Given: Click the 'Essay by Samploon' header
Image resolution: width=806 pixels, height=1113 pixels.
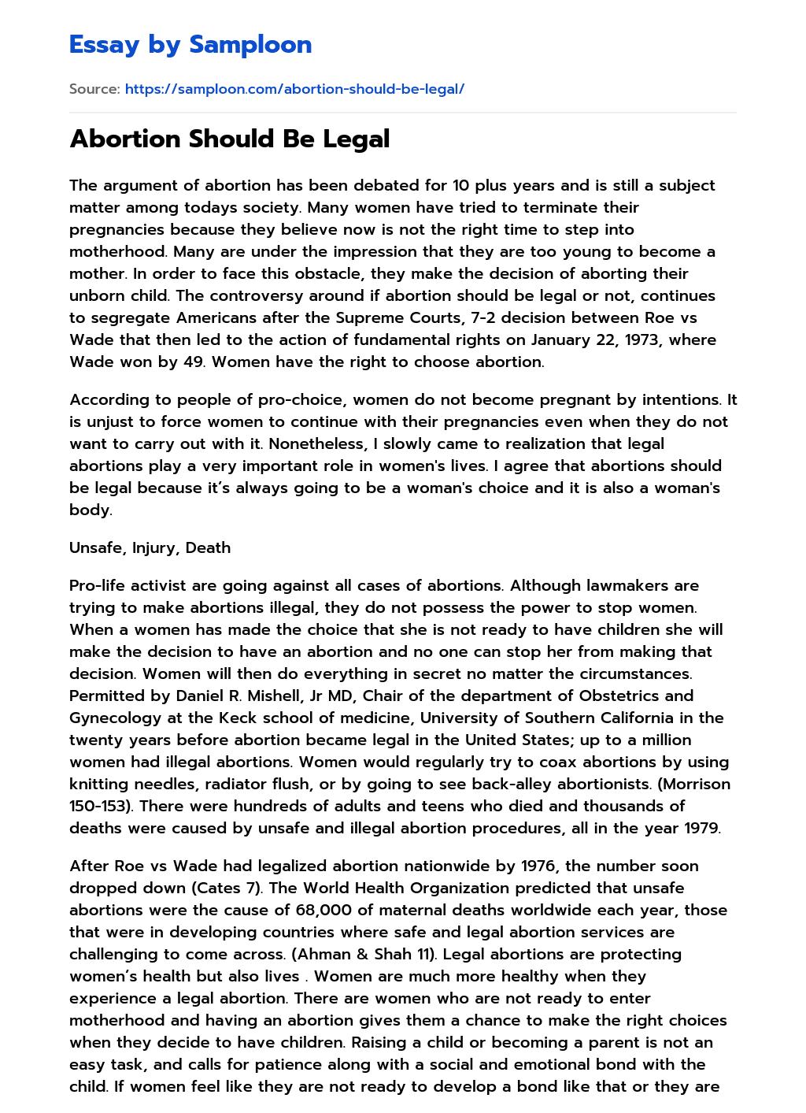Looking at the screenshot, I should coord(190,45).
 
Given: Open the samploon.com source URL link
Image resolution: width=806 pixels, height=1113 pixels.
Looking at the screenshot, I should coord(294,89).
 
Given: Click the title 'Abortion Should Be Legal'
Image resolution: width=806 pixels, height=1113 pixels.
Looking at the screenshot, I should coord(230,139).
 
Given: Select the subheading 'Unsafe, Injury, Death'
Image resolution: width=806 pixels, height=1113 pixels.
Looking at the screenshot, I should coord(150,547).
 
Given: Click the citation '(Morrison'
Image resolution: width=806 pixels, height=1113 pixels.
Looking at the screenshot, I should coord(694,784).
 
